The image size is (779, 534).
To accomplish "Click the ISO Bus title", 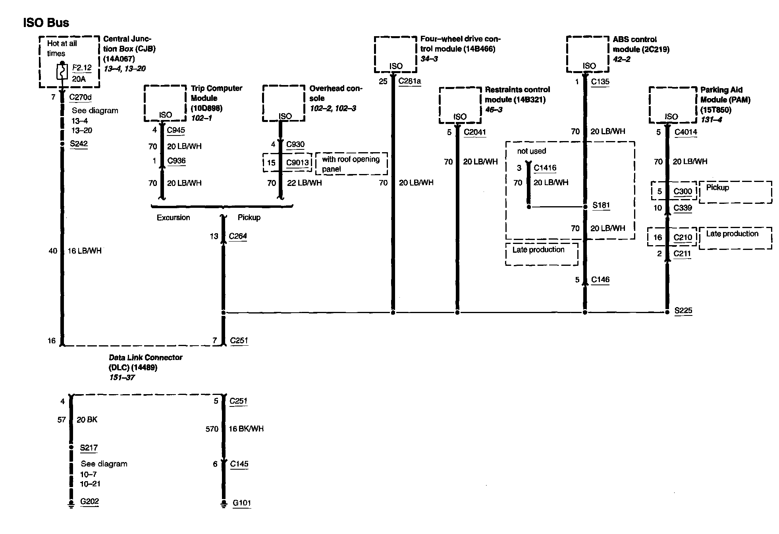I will coord(46,23).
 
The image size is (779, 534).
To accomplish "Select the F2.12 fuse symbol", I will coord(62,73).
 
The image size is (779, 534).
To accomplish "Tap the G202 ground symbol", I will coord(71,504).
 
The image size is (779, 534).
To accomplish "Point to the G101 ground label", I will coord(242,503).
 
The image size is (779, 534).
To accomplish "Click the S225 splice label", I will coord(683,310).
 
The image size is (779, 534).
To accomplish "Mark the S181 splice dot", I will coord(585,207).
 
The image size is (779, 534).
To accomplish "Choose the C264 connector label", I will coord(238,236).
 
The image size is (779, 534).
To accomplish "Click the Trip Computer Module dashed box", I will coord(165,103).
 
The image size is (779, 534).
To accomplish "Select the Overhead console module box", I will coord(283,103).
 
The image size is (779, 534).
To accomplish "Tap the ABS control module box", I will coord(587,54).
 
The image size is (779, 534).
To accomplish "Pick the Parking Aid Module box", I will coord(673,105).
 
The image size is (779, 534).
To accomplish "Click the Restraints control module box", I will coord(460,105).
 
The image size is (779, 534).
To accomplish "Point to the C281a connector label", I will coord(409,81).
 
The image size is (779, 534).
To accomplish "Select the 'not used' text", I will coord(531,151).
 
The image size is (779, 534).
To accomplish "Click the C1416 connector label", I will coord(545,168).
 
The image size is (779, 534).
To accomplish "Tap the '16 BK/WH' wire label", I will coord(246,429).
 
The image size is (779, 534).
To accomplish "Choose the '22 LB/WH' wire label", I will coord(304,183).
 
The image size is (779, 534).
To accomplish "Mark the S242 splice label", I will coord(79,143).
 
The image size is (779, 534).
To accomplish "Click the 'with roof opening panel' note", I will coord(351,164).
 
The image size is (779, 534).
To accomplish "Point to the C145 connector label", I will coord(239,464).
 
